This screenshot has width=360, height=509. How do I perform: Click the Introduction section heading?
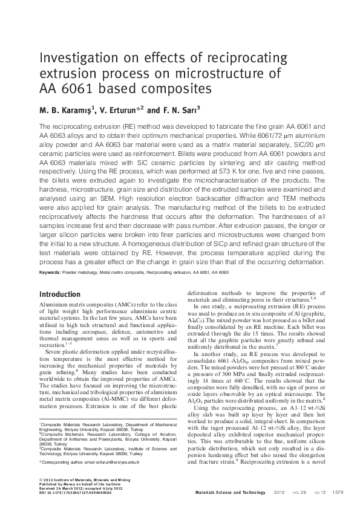tap(64, 294)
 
